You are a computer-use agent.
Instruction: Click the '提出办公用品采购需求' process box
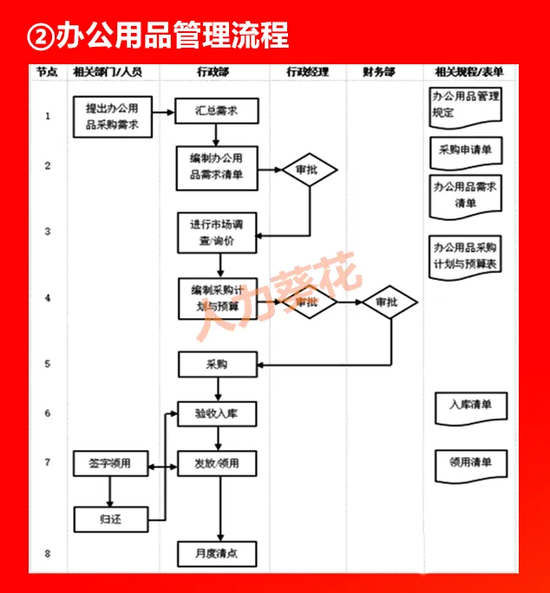[x=113, y=117]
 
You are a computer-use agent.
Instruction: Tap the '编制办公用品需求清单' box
[x=217, y=168]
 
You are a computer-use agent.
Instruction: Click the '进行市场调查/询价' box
[x=218, y=232]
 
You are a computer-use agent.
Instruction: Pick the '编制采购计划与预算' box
[x=218, y=299]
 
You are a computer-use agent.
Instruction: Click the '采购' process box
[x=217, y=364]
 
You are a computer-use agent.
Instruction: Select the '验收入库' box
[x=217, y=414]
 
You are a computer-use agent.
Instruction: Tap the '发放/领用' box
[x=217, y=464]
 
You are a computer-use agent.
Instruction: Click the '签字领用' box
[x=109, y=464]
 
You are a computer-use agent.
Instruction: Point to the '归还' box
[x=109, y=519]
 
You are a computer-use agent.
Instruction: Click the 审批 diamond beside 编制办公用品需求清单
[x=307, y=169]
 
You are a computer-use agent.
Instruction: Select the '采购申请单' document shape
[x=466, y=150]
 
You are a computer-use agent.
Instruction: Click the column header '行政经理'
[x=308, y=72]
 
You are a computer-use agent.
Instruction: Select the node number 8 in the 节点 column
[x=48, y=552]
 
